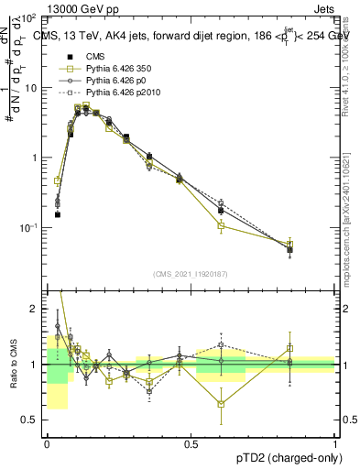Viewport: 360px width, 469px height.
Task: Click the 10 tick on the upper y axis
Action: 34,88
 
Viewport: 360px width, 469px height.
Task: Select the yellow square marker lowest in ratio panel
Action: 221,404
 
